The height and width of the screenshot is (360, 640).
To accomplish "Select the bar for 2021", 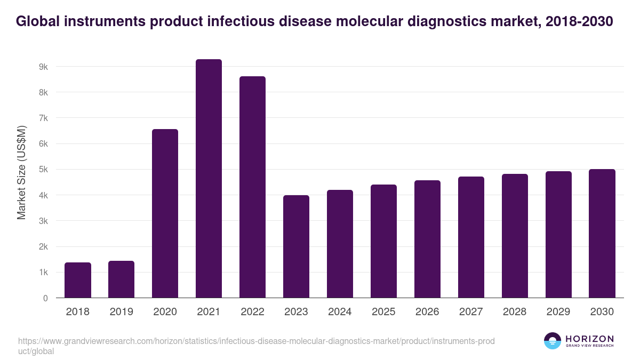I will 209,179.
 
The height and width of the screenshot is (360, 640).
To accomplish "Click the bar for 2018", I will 78,280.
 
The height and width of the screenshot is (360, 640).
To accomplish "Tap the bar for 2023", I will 296,246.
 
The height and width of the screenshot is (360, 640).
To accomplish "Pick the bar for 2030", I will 602,234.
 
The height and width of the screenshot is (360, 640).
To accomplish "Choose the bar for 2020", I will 165,213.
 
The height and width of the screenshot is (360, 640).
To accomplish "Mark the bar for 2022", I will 252,187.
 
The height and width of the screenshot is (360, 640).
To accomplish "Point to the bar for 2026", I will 427,239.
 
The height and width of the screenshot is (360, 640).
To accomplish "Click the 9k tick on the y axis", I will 43,67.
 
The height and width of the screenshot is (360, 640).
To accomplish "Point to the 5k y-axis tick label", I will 43,170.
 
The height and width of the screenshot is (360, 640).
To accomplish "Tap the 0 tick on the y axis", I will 45,298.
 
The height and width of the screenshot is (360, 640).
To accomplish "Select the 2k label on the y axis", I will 43,247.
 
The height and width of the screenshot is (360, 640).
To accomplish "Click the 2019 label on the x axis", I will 122,312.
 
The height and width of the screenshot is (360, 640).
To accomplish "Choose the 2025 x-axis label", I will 383,312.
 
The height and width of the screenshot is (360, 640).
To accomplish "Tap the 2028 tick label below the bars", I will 515,312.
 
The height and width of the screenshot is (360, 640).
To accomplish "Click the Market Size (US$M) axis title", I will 21,172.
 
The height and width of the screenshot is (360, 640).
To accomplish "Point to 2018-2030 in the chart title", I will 580,21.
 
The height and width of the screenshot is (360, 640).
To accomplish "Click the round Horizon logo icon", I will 553,341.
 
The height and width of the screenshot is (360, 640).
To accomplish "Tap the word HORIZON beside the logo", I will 589,338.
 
